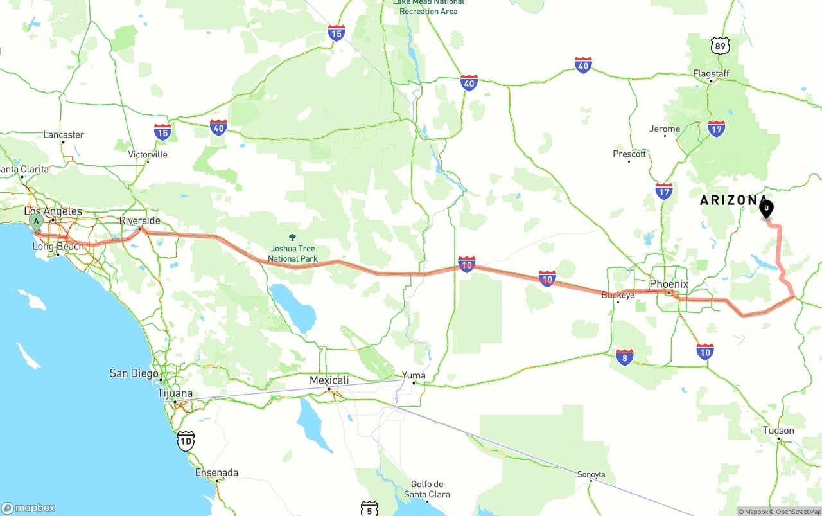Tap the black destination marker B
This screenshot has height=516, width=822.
tap(765, 209)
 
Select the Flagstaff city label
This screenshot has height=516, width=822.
tap(711, 74)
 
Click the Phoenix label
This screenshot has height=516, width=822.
tap(669, 284)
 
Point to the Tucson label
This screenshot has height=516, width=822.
tap(778, 431)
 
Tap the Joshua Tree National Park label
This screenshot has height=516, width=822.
tap(292, 254)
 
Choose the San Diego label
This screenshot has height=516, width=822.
tap(134, 373)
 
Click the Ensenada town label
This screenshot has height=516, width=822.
tap(216, 473)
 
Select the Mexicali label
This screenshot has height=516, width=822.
tap(329, 380)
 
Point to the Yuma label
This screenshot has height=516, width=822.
tap(414, 375)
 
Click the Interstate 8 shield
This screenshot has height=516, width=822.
tap(624, 357)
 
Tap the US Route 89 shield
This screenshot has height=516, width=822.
tap(721, 46)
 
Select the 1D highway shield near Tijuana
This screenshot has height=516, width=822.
tap(186, 440)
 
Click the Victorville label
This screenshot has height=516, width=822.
tap(148, 155)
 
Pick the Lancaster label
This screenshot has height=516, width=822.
tap(64, 135)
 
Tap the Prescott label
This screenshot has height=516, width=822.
tap(629, 154)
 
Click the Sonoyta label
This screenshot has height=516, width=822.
tap(591, 475)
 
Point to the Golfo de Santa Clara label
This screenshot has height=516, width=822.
tap(427, 489)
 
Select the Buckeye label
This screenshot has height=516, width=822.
tap(618, 295)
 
